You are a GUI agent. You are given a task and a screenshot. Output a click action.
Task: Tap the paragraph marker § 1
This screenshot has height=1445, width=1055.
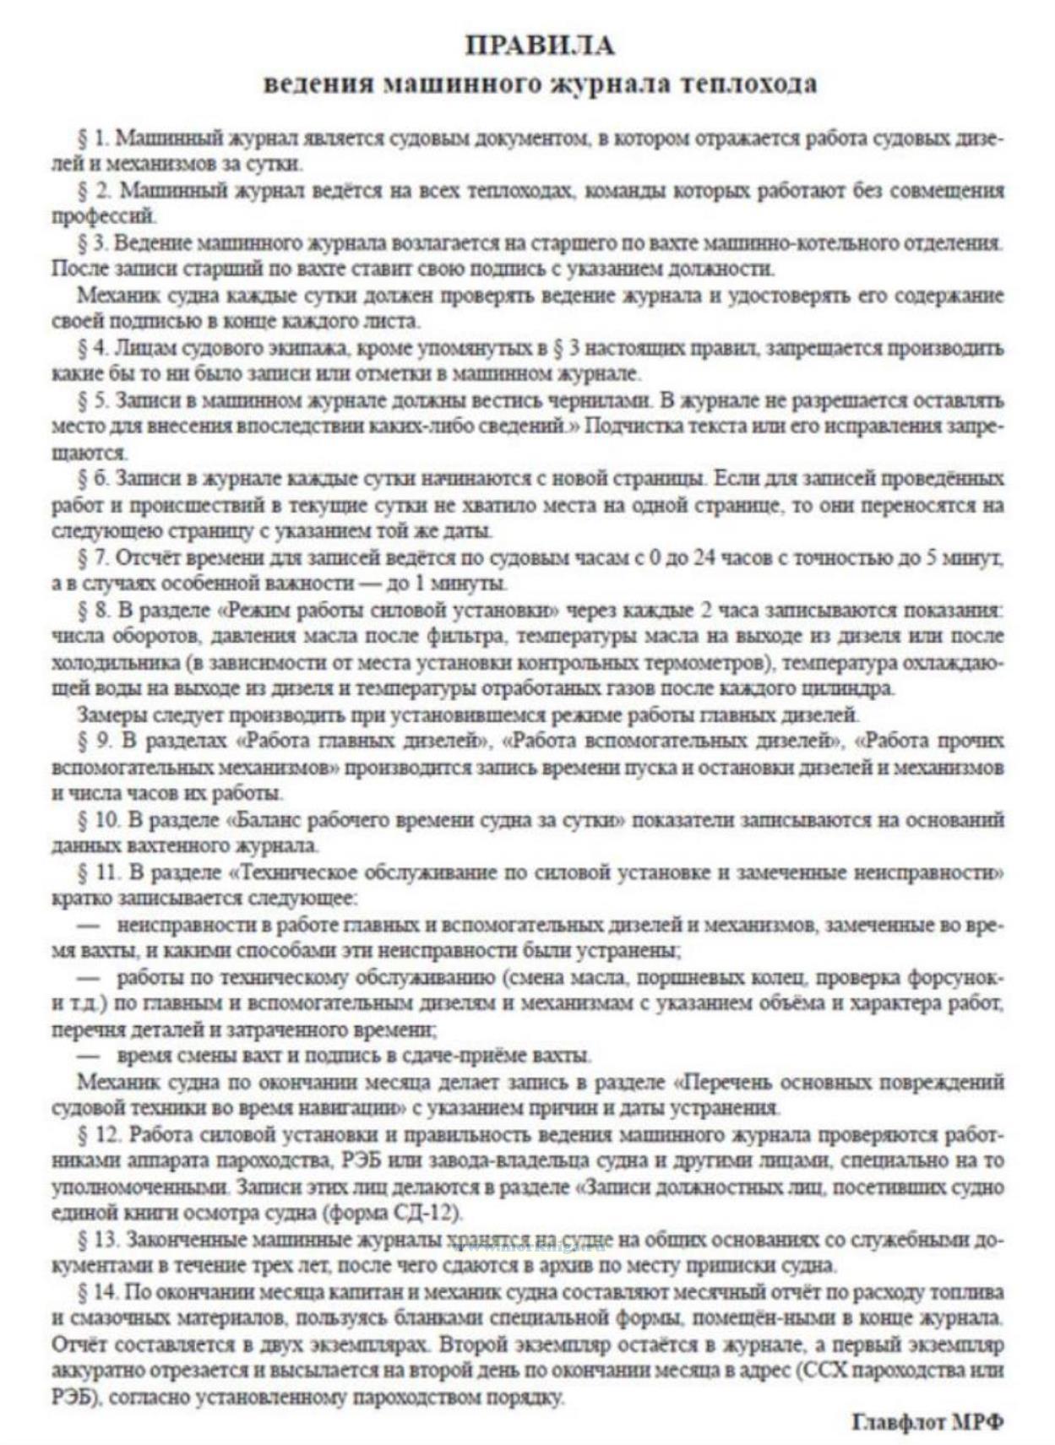[x=93, y=138]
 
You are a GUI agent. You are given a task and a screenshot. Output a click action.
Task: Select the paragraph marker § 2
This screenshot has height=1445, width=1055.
[x=93, y=190]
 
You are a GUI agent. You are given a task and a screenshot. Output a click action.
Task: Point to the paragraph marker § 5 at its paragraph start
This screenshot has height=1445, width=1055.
[x=93, y=400]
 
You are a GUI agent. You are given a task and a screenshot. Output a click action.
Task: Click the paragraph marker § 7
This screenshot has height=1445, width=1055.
[x=93, y=558]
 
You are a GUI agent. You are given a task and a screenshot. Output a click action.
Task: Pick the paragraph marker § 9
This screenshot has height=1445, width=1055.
[x=93, y=742]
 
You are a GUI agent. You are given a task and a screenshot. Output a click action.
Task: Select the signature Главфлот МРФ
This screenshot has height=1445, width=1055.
[x=927, y=1423]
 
